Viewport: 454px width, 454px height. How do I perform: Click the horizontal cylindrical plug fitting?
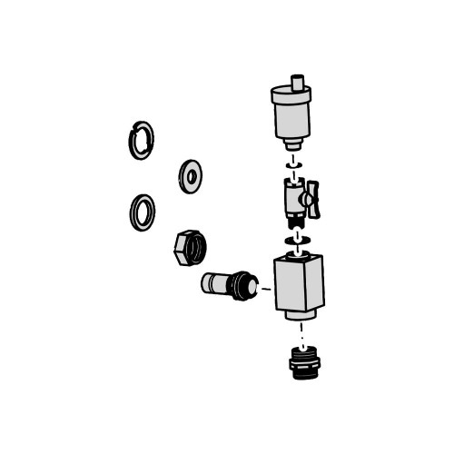click(219, 286)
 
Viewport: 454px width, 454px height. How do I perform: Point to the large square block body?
click(299, 282)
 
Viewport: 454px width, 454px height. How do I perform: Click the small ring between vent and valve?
click(291, 167)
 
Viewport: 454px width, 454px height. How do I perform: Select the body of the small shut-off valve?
click(293, 196)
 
